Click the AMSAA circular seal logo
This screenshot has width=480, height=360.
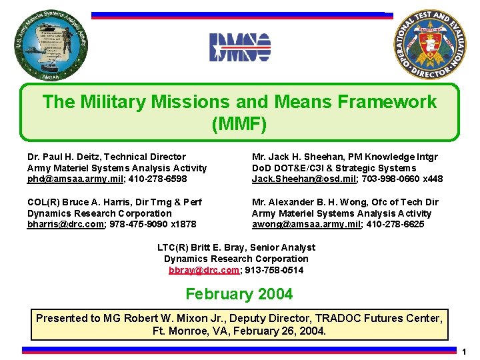click(51, 46)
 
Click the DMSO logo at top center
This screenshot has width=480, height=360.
click(240, 47)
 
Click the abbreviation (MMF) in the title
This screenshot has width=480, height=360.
click(239, 124)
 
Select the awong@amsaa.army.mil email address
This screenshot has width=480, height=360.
click(307, 224)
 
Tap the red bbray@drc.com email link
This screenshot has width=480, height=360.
click(203, 270)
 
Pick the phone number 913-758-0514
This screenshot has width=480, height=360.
click(275, 270)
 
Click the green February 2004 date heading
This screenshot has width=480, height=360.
click(239, 294)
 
